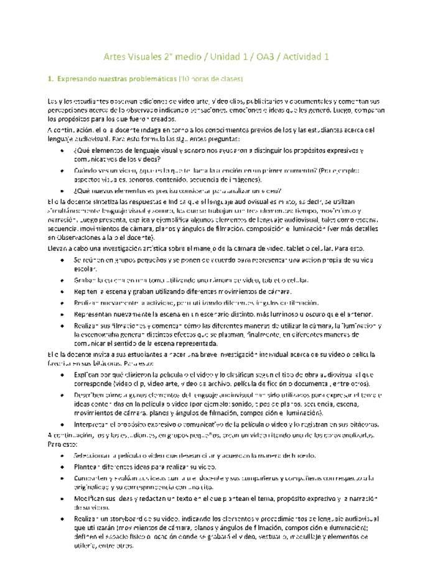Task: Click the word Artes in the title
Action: [x=116, y=57]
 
